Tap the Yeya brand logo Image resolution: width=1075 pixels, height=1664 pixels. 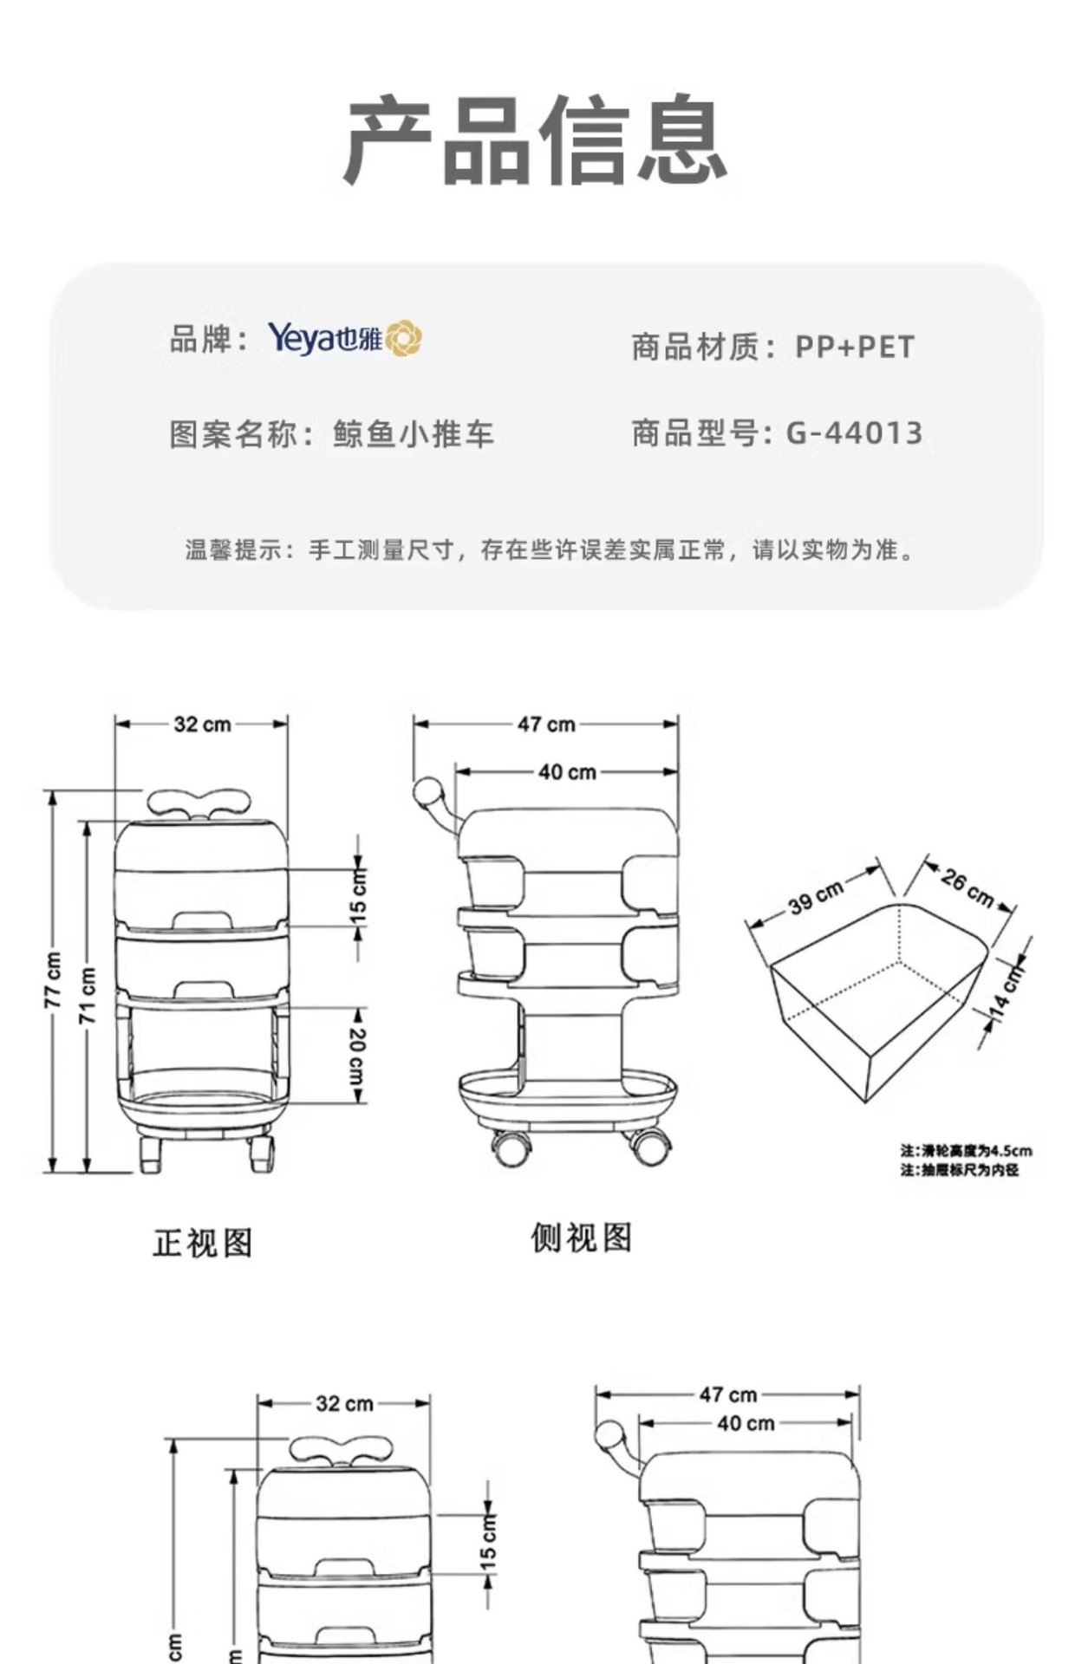pyautogui.click(x=344, y=338)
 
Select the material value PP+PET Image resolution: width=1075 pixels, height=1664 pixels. pyautogui.click(x=855, y=348)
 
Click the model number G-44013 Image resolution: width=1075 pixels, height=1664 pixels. pyautogui.click(x=855, y=432)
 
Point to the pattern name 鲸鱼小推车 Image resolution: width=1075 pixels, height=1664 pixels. pyautogui.click(x=414, y=434)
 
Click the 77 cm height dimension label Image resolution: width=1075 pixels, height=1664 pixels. pyautogui.click(x=54, y=980)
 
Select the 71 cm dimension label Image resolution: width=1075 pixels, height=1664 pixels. pyautogui.click(x=88, y=996)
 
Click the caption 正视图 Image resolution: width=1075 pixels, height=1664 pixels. pyautogui.click(x=203, y=1243)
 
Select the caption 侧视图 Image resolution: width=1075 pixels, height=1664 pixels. pyautogui.click(x=581, y=1238)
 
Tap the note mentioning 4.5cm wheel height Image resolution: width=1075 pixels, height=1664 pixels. pyautogui.click(x=966, y=1151)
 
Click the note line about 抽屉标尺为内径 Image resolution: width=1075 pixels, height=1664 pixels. pyautogui.click(x=959, y=1170)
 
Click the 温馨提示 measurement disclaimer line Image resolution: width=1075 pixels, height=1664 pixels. pyautogui.click(x=551, y=549)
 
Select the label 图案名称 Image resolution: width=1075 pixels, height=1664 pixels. pyautogui.click(x=234, y=434)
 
